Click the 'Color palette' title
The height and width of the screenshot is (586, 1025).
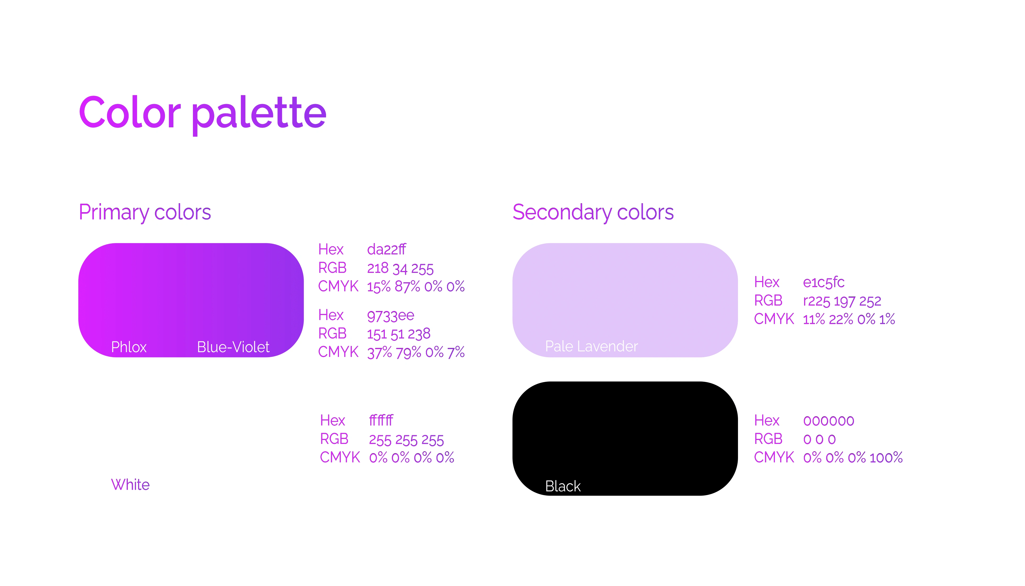pos(202,114)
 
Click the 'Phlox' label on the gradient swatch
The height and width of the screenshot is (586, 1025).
pos(129,347)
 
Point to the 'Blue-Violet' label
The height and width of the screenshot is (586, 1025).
pos(233,347)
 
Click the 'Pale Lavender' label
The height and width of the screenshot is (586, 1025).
pos(591,346)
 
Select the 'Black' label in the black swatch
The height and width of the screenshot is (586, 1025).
pos(563,486)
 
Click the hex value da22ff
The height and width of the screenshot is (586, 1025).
pos(387,250)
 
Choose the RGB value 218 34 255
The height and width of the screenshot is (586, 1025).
pos(400,268)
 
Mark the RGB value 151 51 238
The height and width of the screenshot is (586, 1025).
pos(399,334)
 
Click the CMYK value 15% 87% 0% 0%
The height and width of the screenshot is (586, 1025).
pos(416,287)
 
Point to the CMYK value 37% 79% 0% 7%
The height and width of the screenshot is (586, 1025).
pos(416,352)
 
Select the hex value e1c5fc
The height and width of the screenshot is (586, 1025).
pos(823,283)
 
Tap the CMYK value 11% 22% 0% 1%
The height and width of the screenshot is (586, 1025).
pos(849,319)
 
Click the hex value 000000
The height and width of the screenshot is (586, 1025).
pos(829,421)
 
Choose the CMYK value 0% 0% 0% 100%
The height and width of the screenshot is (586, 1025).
pos(853,458)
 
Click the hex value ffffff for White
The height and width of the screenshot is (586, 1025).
pos(381,420)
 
